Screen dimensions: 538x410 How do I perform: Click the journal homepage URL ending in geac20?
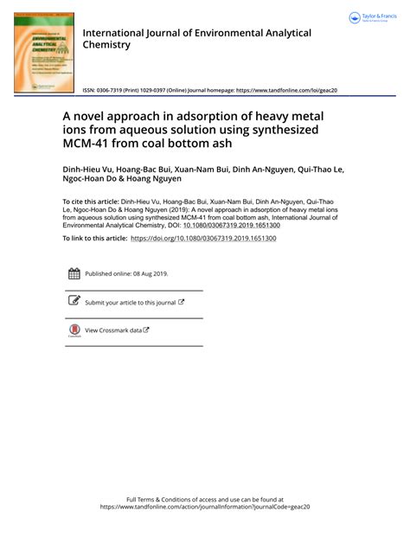pyautogui.click(x=285, y=90)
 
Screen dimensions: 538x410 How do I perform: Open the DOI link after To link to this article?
pyautogui.click(x=203, y=238)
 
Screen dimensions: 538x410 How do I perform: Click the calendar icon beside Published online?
pyautogui.click(x=74, y=273)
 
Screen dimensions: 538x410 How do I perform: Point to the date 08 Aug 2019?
pyautogui.click(x=149, y=274)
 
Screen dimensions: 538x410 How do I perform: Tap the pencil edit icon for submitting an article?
pyautogui.click(x=74, y=302)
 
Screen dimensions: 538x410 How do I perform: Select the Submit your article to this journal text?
pyautogui.click(x=130, y=303)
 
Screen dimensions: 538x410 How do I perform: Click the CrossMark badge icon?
pyautogui.click(x=74, y=330)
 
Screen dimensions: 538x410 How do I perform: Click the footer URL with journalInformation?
pyautogui.click(x=204, y=508)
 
